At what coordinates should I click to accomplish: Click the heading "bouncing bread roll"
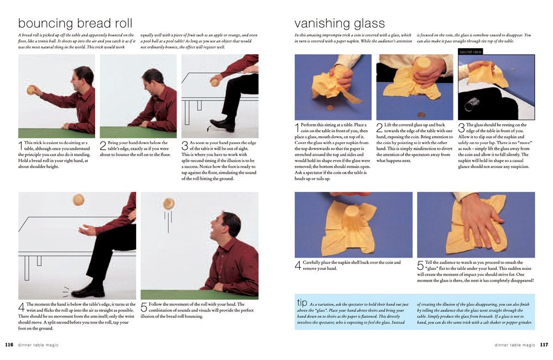point(75,23)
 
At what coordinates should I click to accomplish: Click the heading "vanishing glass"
point(340,23)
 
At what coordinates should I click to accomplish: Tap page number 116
point(9,345)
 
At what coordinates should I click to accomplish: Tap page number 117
point(544,345)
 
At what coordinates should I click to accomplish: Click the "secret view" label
point(471,52)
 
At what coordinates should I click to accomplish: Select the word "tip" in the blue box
point(302,302)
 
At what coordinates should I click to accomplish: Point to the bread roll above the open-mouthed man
point(169,204)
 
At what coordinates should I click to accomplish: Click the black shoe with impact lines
point(88,291)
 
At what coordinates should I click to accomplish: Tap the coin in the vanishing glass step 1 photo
point(330,107)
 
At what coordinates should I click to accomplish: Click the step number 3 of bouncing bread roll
point(185,145)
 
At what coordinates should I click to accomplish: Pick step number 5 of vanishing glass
point(420,265)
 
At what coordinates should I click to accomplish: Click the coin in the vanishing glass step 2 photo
point(420,114)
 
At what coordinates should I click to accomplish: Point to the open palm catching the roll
point(87,231)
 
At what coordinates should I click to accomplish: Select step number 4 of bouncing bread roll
point(21,307)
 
